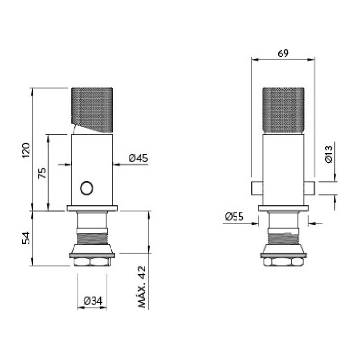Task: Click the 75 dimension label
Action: pyautogui.click(x=42, y=173)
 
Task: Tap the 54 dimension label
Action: pyautogui.click(x=26, y=238)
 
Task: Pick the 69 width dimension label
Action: pyautogui.click(x=283, y=53)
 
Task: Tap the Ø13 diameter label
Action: pyautogui.click(x=328, y=154)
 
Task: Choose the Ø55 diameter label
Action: pyautogui.click(x=234, y=217)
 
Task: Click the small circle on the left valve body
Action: pyautogui.click(x=87, y=188)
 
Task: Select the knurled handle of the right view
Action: pyautogui.click(x=283, y=110)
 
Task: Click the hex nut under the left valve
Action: pyautogui.click(x=91, y=262)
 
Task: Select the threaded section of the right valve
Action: pyautogui.click(x=283, y=237)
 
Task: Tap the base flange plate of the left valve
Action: pyautogui.click(x=91, y=208)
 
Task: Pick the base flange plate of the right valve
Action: pyautogui.click(x=283, y=208)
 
